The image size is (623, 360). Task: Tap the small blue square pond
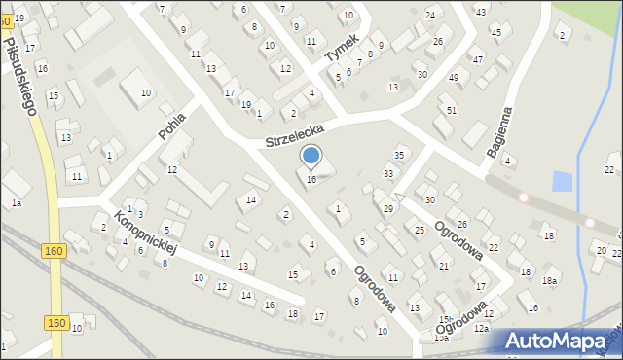pyautogui.click(x=562, y=181)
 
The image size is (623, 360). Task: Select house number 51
pyautogui.click(x=451, y=110)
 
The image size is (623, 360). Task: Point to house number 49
pyautogui.click(x=453, y=77)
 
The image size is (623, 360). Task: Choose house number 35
pyautogui.click(x=398, y=156)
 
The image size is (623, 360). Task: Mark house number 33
pyautogui.click(x=388, y=174)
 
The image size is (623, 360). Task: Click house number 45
pyautogui.click(x=496, y=32)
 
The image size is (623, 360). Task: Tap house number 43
pyautogui.click(x=480, y=11)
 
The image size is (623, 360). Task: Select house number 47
pyautogui.click(x=477, y=60)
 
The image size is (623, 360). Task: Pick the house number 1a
pyautogui.click(x=16, y=202)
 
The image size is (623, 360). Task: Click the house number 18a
pyautogui.click(x=550, y=281)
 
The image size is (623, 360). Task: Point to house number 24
pyautogui.click(x=430, y=16)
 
